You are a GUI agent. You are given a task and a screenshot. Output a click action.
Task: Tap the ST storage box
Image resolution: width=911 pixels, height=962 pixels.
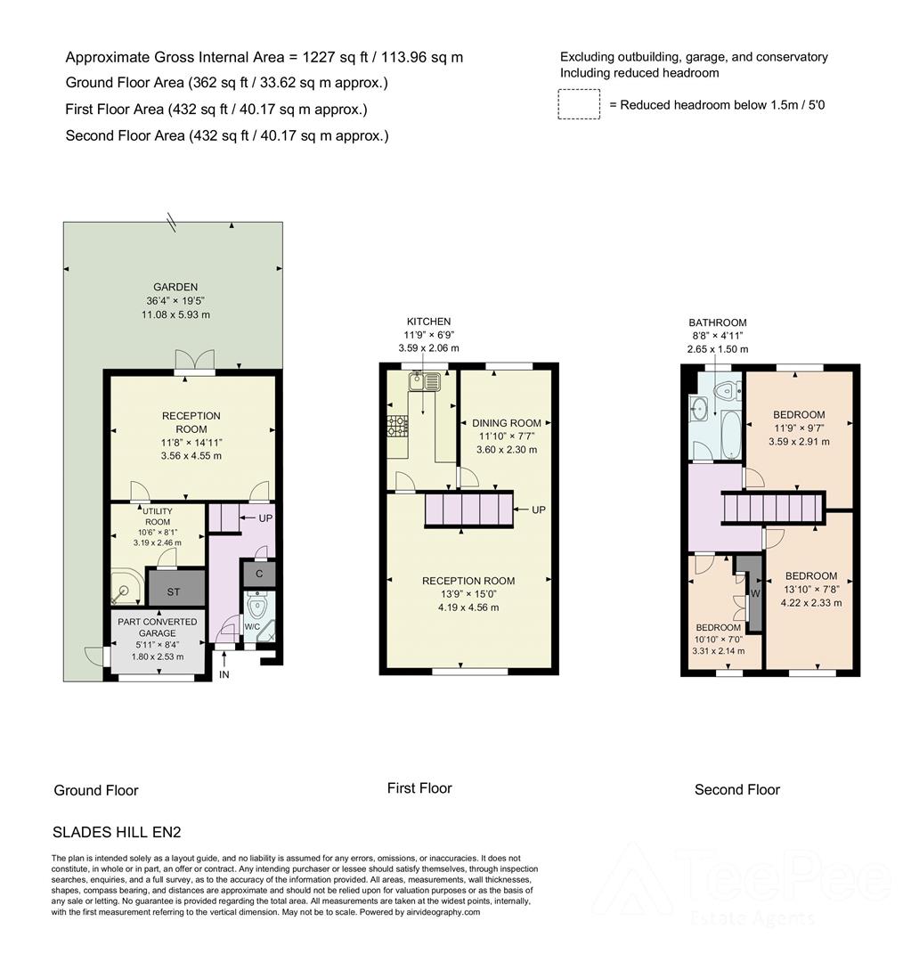[x=175, y=589]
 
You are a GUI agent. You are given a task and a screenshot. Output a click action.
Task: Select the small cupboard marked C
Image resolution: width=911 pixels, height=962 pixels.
[x=258, y=574]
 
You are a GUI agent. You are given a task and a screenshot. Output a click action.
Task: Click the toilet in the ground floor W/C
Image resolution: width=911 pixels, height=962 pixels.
[x=258, y=607]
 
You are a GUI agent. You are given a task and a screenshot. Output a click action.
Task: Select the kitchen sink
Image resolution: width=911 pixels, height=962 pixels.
[x=423, y=382]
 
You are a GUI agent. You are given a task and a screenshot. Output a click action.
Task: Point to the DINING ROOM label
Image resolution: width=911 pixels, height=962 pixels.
[x=506, y=423]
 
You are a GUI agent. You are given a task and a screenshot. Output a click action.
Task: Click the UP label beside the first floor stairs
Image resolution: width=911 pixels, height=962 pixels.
[x=538, y=510]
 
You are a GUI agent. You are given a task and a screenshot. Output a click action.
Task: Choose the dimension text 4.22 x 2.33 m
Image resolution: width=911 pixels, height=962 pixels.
[x=811, y=603]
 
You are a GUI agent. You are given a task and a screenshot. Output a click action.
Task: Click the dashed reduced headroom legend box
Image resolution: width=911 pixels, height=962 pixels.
[x=579, y=104]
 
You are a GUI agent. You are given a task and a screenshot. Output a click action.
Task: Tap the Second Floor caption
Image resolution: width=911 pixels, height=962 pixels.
[x=736, y=789]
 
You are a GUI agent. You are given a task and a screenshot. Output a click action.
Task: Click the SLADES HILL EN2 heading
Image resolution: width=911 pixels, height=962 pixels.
[x=118, y=833]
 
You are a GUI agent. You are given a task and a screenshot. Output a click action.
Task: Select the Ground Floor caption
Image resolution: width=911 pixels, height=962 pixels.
[x=96, y=790]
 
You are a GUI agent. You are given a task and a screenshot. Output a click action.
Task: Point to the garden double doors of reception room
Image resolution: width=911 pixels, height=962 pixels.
[x=195, y=361]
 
